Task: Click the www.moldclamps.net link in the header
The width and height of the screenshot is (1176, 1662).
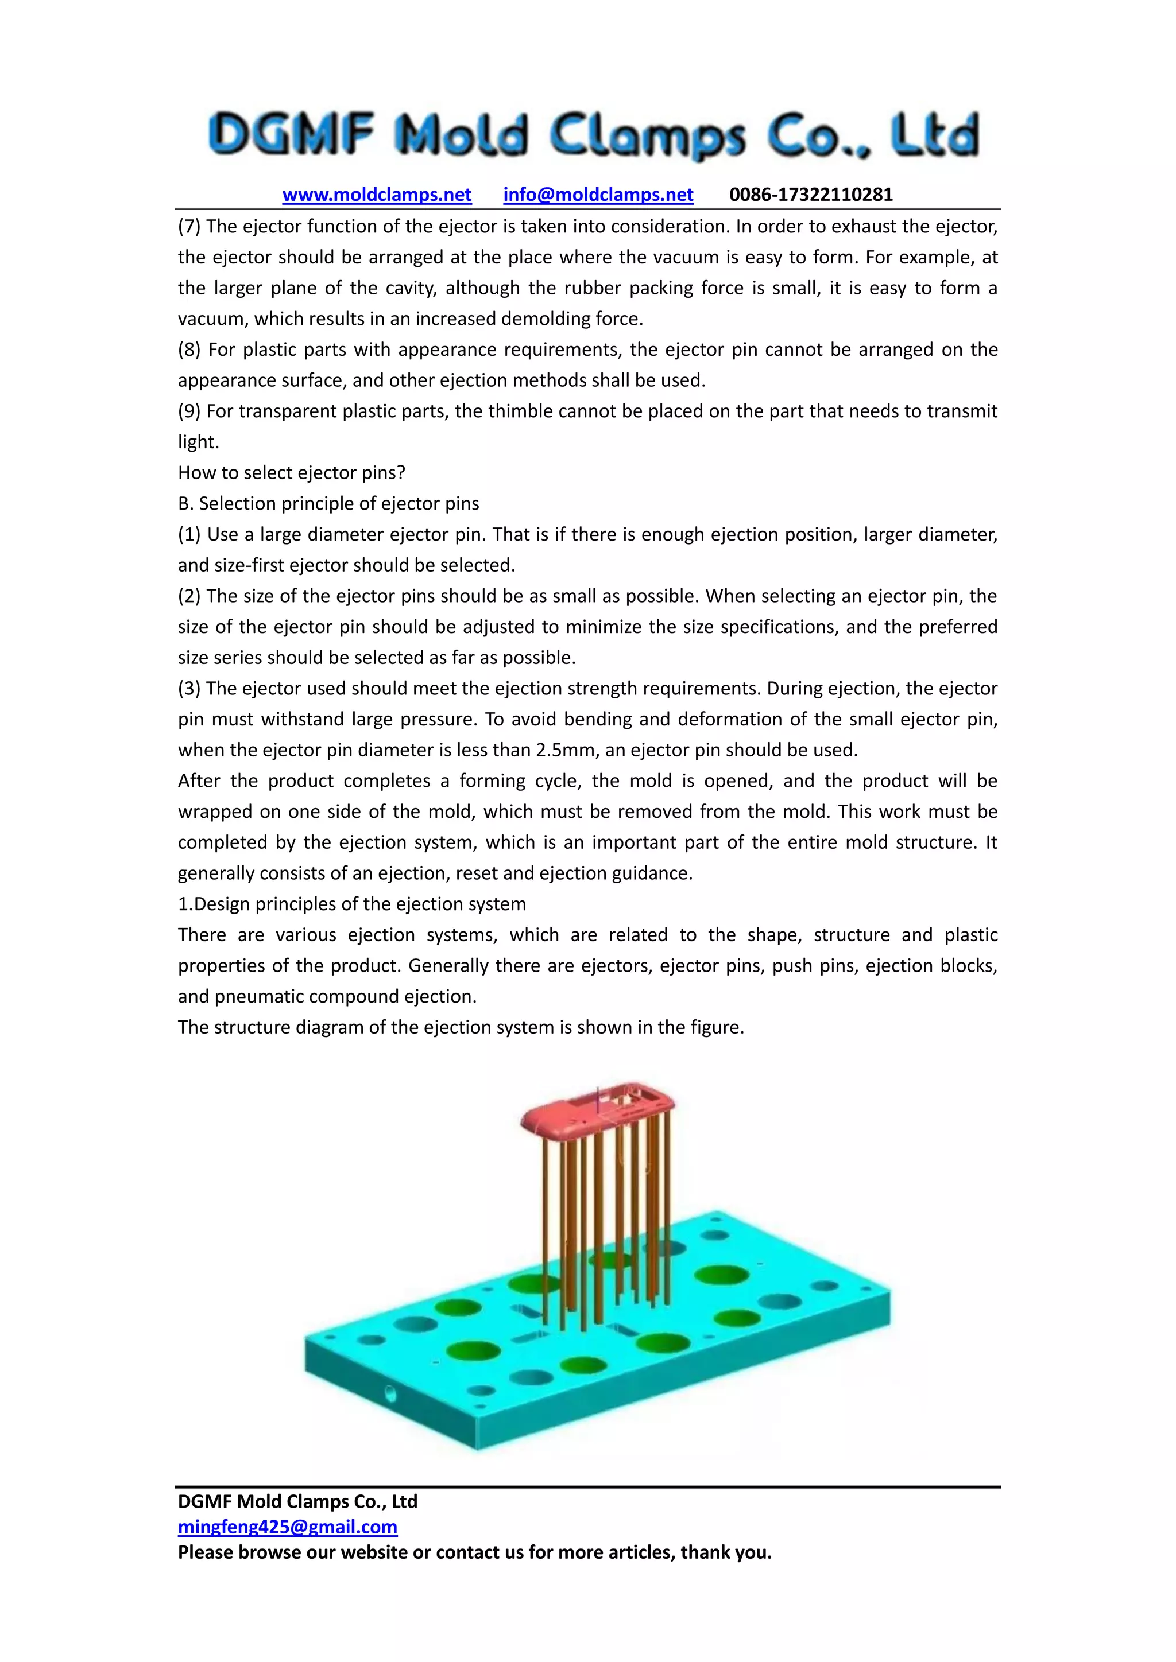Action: (377, 195)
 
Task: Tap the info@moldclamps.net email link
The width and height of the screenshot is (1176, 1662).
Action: (598, 195)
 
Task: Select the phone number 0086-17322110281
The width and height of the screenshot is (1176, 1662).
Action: (810, 195)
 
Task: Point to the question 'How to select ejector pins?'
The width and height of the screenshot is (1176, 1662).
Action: (291, 473)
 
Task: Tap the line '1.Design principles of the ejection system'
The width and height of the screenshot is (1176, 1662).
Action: (352, 904)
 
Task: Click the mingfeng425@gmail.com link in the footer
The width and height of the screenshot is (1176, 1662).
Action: (288, 1527)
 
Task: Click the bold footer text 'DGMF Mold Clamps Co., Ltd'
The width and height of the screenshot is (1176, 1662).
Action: (297, 1501)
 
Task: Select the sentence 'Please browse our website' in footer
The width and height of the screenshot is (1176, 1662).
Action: (474, 1553)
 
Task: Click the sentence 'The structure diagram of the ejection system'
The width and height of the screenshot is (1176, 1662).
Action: (461, 1027)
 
